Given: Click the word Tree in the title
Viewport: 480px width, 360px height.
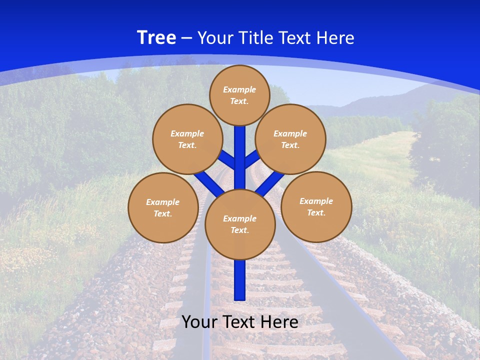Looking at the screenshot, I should (156, 38).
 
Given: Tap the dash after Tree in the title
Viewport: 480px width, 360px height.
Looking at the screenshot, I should (186, 38).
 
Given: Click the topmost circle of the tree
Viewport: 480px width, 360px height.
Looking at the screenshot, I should (239, 95).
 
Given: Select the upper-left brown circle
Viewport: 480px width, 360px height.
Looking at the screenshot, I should (187, 139).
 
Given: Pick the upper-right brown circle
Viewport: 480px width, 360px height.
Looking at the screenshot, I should (290, 139).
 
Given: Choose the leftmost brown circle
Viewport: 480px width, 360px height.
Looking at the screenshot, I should (163, 207).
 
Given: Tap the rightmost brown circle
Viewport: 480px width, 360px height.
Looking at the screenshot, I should (316, 206).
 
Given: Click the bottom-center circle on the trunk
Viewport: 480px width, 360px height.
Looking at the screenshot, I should (240, 224).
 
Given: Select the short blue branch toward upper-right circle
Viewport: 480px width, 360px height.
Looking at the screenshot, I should (251, 159).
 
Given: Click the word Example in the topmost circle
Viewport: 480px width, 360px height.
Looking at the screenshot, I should (239, 89).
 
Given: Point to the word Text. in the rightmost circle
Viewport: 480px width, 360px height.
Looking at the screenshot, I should (316, 212).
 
